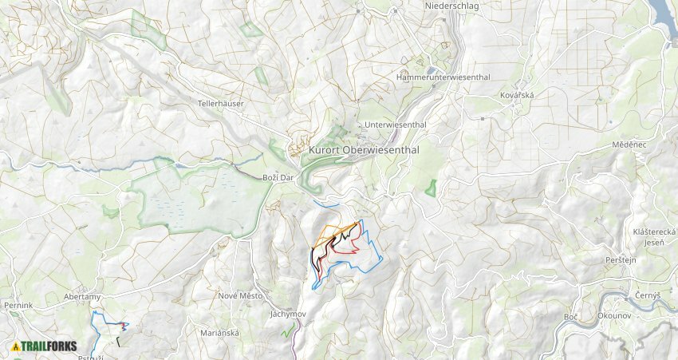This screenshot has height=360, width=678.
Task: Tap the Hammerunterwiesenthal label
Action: point(443,77)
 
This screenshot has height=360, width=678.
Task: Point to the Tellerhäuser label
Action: point(221,104)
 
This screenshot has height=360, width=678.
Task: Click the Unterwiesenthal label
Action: point(395,125)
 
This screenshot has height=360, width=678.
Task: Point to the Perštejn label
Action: point(620,261)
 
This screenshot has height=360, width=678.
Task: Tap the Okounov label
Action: point(613,316)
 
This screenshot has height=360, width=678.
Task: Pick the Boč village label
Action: point(570,317)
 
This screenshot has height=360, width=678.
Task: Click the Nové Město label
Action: point(240,295)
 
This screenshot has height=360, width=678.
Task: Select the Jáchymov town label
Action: point(288,315)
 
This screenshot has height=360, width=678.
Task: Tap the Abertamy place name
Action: point(81,296)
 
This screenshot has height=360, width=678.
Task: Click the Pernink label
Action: point(18,306)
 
